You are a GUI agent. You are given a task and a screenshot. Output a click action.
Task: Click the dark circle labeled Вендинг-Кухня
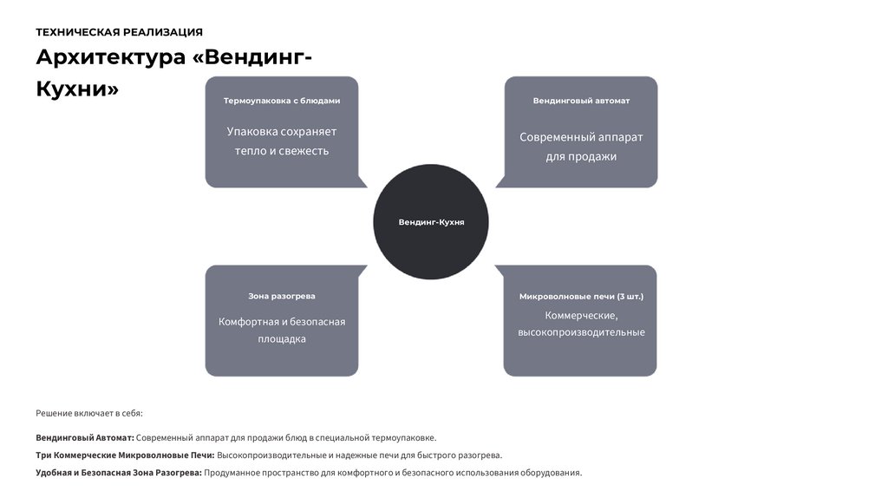431,222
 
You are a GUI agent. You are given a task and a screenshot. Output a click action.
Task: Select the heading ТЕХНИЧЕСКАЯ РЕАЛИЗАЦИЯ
119,32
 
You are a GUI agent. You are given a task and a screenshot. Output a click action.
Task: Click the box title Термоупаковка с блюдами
282,101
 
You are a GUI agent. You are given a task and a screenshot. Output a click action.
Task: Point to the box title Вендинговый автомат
581,101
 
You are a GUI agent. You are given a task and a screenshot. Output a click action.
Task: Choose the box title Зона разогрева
282,296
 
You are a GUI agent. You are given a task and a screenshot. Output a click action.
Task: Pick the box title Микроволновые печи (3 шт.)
581,296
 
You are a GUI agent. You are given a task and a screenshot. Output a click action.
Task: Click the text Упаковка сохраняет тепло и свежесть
282,141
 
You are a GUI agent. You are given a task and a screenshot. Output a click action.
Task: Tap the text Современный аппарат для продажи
581,147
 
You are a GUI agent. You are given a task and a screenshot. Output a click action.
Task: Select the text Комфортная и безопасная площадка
282,331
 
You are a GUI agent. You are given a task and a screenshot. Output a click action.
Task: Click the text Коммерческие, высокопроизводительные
581,324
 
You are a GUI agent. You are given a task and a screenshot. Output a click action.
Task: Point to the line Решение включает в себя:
89,413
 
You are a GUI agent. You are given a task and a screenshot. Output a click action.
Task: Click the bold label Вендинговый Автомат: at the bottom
85,437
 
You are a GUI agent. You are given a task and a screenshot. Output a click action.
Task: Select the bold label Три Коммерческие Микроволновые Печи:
125,455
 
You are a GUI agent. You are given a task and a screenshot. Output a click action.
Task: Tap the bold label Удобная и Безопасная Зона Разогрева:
119,473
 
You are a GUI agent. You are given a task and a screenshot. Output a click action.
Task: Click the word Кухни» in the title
77,88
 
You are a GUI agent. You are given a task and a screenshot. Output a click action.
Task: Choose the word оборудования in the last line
550,473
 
